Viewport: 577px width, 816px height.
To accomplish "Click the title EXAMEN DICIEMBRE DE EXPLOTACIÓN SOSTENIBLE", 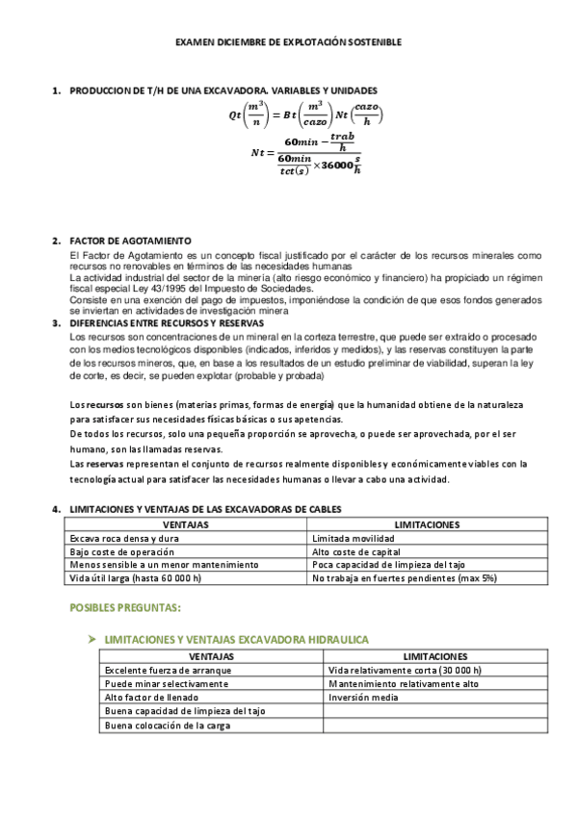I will click(x=288, y=42).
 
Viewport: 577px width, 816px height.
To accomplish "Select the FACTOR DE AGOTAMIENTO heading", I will click(x=130, y=241).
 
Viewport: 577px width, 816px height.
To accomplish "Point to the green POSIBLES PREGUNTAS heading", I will click(x=125, y=608).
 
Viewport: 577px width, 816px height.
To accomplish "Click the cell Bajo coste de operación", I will click(x=122, y=552).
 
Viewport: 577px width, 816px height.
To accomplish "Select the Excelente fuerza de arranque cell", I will click(x=160, y=671).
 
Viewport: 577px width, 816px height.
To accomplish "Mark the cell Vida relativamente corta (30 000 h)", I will click(x=405, y=671).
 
